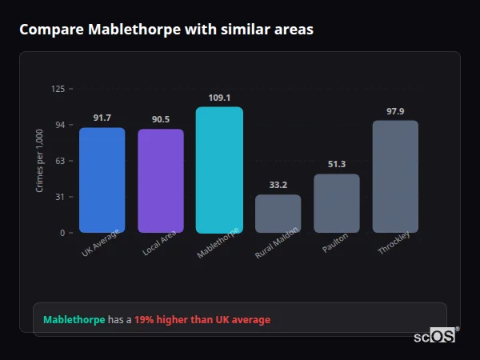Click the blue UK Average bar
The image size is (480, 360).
pyautogui.click(x=102, y=180)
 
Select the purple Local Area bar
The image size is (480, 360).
pyautogui.click(x=161, y=181)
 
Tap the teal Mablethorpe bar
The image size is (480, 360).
pyautogui.click(x=219, y=170)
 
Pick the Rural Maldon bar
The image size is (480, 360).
pyautogui.click(x=278, y=214)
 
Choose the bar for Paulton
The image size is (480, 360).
pyautogui.click(x=337, y=203)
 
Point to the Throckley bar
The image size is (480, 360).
pyautogui.click(x=395, y=176)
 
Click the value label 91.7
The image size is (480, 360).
pyautogui.click(x=102, y=118)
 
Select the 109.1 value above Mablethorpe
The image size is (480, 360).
pyautogui.click(x=219, y=98)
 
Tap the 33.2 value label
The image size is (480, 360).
pyautogui.click(x=278, y=185)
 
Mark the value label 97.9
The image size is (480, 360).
pyautogui.click(x=395, y=110)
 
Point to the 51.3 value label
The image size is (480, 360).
pyautogui.click(x=337, y=164)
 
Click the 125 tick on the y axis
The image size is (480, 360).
pyautogui.click(x=58, y=89)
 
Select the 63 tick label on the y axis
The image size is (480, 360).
pyautogui.click(x=60, y=161)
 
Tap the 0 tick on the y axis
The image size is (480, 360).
pyautogui.click(x=62, y=233)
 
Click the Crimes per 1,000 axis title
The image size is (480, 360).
pyautogui.click(x=40, y=161)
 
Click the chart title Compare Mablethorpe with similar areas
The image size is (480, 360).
pyautogui.click(x=166, y=30)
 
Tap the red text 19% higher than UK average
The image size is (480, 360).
pyautogui.click(x=202, y=319)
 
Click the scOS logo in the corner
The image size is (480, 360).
pyautogui.click(x=435, y=336)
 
